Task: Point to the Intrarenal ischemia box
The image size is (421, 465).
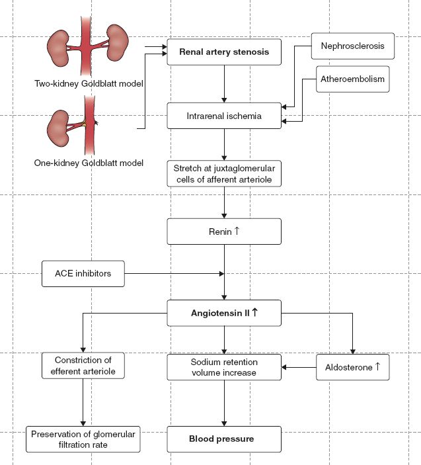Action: click(x=225, y=116)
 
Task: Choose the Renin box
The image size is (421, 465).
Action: click(x=225, y=232)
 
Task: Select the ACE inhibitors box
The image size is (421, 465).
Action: click(x=83, y=273)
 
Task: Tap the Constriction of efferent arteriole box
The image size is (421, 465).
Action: click(x=83, y=367)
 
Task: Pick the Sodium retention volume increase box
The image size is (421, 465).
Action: click(x=225, y=367)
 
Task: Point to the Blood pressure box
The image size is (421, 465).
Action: click(x=225, y=438)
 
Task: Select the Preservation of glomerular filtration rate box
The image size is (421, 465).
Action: click(x=83, y=439)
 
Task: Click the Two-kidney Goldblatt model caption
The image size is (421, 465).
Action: click(x=89, y=84)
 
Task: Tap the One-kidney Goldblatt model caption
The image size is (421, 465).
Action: click(x=89, y=163)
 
